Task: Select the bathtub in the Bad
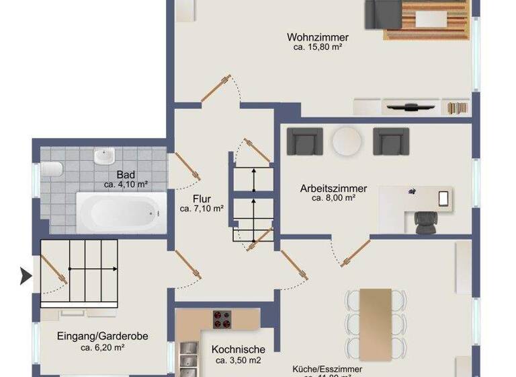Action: coord(121,212)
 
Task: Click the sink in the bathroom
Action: coord(103,158)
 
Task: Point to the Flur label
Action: coord(202,199)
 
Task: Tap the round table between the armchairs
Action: coord(346,141)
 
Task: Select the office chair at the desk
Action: coord(425,221)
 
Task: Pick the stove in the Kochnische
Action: coord(222,318)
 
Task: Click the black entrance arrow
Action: coord(26,275)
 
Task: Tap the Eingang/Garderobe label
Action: coord(103,337)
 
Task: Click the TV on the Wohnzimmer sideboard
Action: coord(411,106)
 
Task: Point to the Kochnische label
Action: coord(238,349)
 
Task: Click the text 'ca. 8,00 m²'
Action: coord(333,199)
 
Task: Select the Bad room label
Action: coord(126,174)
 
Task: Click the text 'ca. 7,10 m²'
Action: coord(202,209)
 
